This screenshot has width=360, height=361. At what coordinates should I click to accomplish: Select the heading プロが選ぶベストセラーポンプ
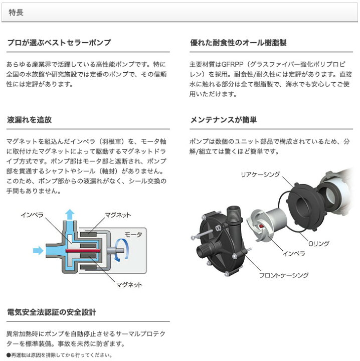[x=59, y=43]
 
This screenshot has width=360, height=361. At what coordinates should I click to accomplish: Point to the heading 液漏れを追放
[x=30, y=120]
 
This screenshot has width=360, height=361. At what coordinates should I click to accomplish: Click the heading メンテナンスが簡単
[x=224, y=120]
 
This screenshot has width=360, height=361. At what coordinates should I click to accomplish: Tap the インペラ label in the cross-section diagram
[x=32, y=215]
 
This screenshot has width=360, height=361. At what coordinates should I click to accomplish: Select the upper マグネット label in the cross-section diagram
[x=118, y=215]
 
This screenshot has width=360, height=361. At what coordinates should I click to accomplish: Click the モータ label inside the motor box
[x=133, y=235]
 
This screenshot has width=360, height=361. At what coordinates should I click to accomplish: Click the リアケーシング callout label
[x=260, y=174]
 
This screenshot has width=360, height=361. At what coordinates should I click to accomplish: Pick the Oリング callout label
[x=318, y=243]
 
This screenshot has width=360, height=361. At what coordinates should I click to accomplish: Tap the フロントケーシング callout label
[x=284, y=275]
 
